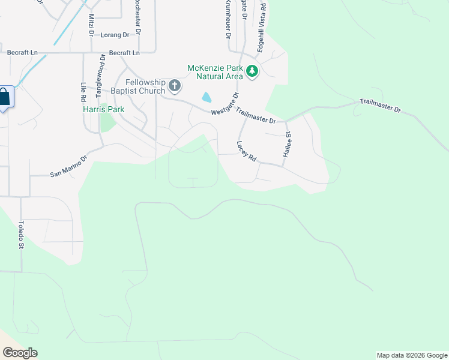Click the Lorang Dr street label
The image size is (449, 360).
[x=115, y=35]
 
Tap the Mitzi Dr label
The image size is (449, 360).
[x=91, y=26]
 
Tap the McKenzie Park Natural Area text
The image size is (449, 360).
[x=215, y=72]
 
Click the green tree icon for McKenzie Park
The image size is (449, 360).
[x=253, y=72]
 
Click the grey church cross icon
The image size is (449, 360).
[x=175, y=86]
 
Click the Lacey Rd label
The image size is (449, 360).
[x=246, y=152]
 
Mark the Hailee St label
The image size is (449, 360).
[x=288, y=146]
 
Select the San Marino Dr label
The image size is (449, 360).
[x=68, y=166]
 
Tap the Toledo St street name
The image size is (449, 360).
[x=20, y=235]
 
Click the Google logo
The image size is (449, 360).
[x=19, y=353]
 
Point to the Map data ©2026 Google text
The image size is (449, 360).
[x=411, y=355]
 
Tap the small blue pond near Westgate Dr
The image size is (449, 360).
[x=206, y=97]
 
